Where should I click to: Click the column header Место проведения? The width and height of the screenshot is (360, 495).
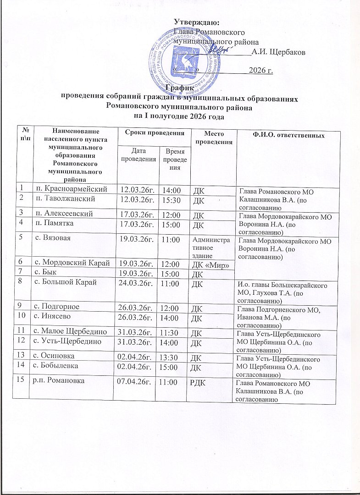click(x=213, y=136)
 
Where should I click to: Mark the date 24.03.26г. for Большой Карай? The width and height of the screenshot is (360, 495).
click(x=136, y=282)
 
